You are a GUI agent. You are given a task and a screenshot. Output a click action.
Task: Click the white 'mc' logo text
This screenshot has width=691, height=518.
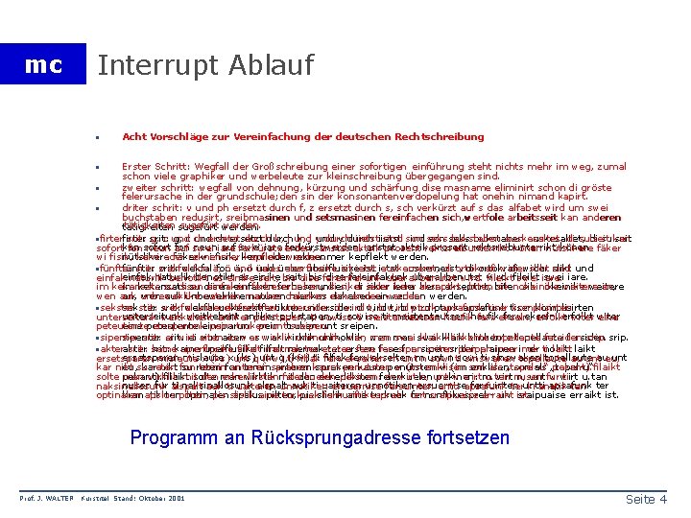42,65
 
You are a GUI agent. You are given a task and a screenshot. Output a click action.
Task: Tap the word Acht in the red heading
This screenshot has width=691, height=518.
132,137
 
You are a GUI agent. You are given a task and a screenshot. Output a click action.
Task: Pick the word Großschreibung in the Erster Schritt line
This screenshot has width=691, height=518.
268,167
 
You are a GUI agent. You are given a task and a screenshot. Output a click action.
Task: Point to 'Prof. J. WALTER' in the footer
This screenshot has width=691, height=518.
45,499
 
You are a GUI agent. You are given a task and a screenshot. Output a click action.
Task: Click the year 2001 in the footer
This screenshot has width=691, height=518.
177,499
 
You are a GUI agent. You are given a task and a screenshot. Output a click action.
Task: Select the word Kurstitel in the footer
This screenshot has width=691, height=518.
97,499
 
